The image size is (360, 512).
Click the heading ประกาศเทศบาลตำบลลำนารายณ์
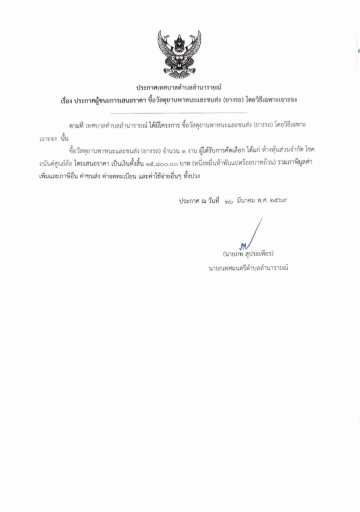[180, 88]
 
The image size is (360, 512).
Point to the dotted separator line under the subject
[179, 114]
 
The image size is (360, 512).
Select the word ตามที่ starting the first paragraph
[76, 124]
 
